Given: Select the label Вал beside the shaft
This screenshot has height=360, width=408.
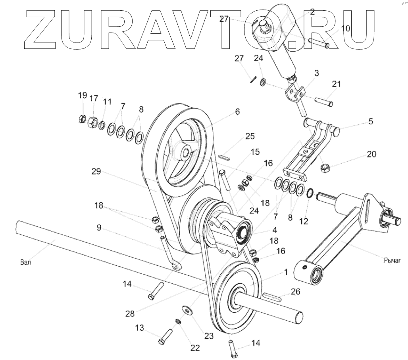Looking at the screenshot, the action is click(24, 263).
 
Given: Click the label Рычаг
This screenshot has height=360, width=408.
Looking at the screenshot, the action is click(393, 261).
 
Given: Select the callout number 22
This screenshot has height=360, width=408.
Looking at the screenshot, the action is click(194, 347).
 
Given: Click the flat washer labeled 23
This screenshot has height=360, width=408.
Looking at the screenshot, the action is click(187, 310).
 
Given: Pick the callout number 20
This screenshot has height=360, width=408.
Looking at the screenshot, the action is click(371, 154).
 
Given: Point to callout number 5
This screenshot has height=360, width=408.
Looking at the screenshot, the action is click(370, 122).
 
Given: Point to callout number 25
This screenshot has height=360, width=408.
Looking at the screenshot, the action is click(250, 136).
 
